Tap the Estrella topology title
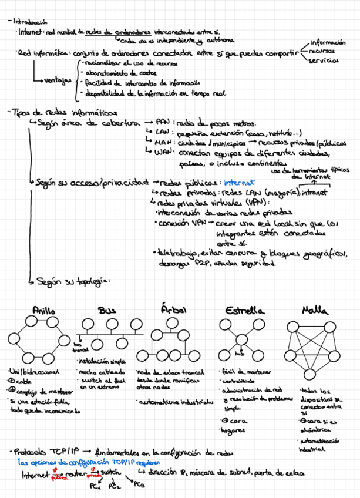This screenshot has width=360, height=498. [x=243, y=310]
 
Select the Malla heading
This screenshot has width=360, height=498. [x=315, y=309]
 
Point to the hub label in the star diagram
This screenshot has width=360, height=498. [x=240, y=355]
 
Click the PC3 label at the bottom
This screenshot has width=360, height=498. [x=139, y=484]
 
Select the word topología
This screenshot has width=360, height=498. [x=92, y=281]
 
